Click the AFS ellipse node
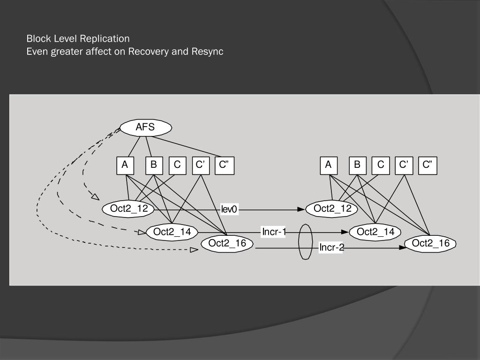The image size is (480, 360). coord(146,127)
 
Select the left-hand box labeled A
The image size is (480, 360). coord(125,165)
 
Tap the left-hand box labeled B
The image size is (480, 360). coord(154,165)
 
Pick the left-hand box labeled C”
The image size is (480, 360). coord(224,165)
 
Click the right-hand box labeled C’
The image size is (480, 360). coord(404,165)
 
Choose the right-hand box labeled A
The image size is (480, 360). coord(329,165)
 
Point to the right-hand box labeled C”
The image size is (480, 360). coord(427,165)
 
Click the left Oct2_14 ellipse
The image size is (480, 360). coord(172,232)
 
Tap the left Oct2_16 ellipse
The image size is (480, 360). coord(227,243)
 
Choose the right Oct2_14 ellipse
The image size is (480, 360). coord(375,232)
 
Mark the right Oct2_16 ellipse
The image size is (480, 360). coord(430,243)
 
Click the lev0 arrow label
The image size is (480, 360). coord(230,210)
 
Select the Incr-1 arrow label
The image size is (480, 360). coord(274,232)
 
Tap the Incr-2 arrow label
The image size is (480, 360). coord(331,247)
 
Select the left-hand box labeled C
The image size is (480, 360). coord(177,165)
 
